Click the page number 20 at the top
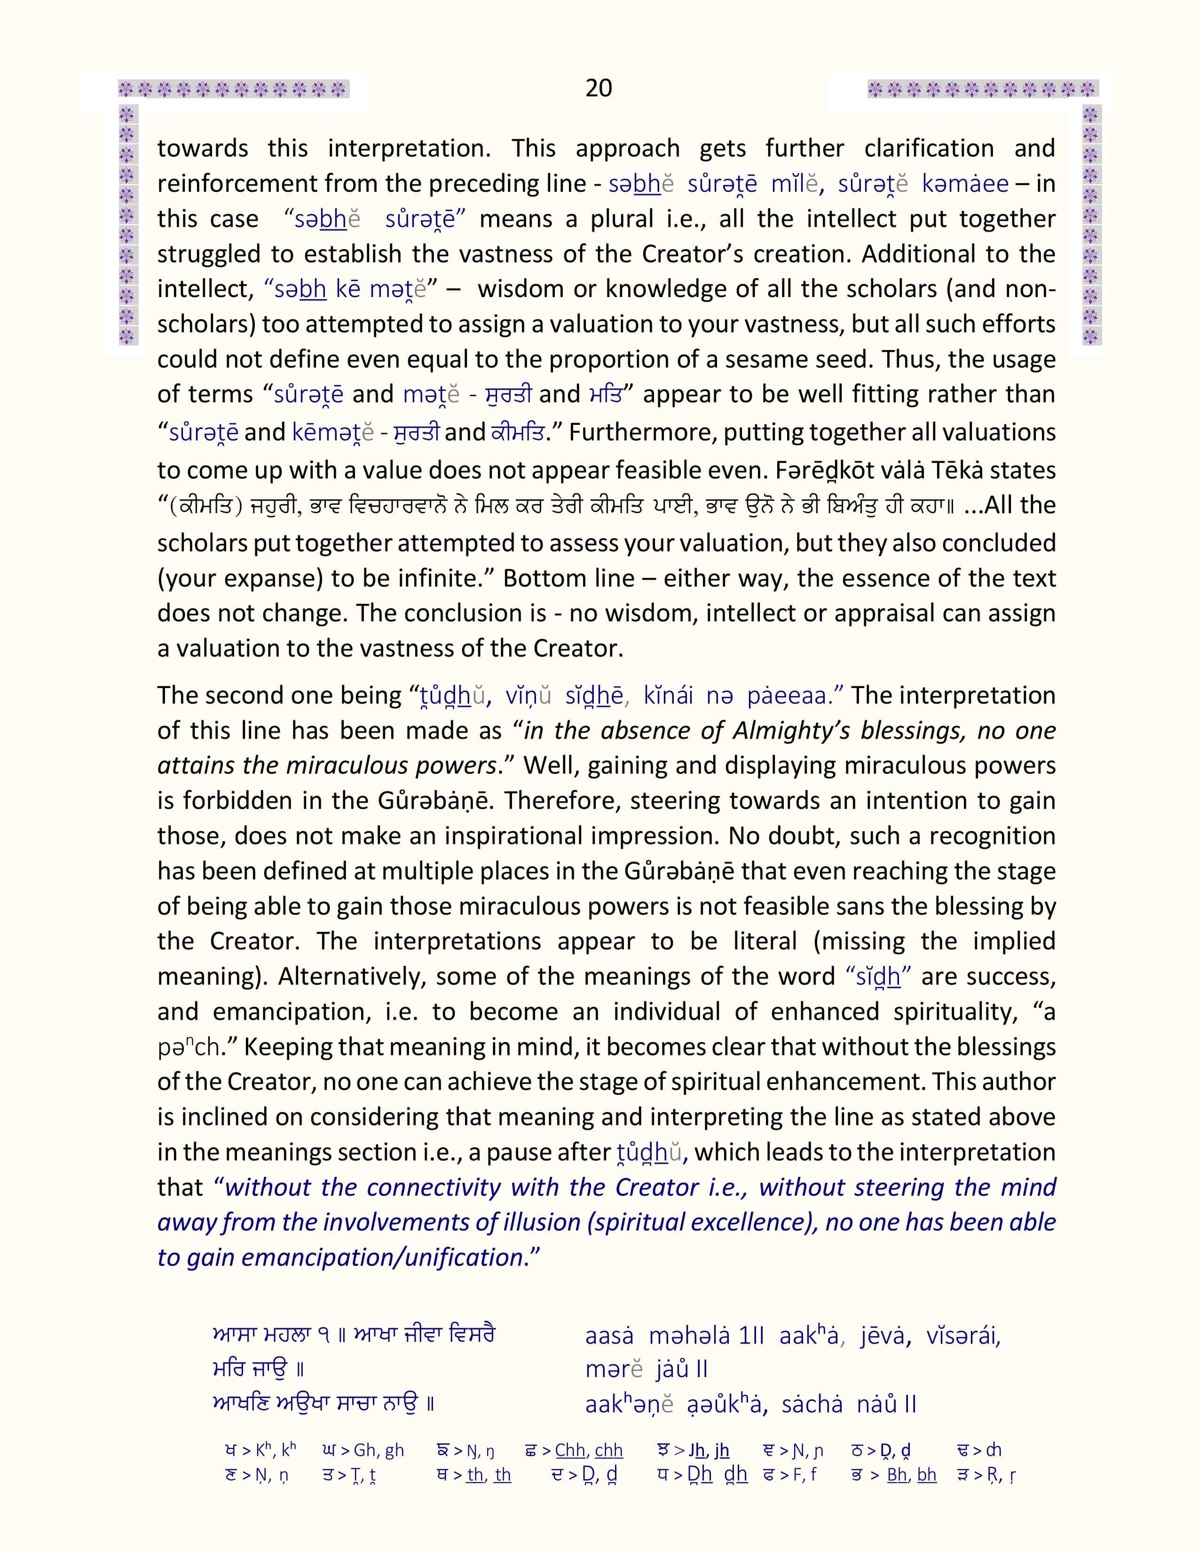pyautogui.click(x=598, y=88)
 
